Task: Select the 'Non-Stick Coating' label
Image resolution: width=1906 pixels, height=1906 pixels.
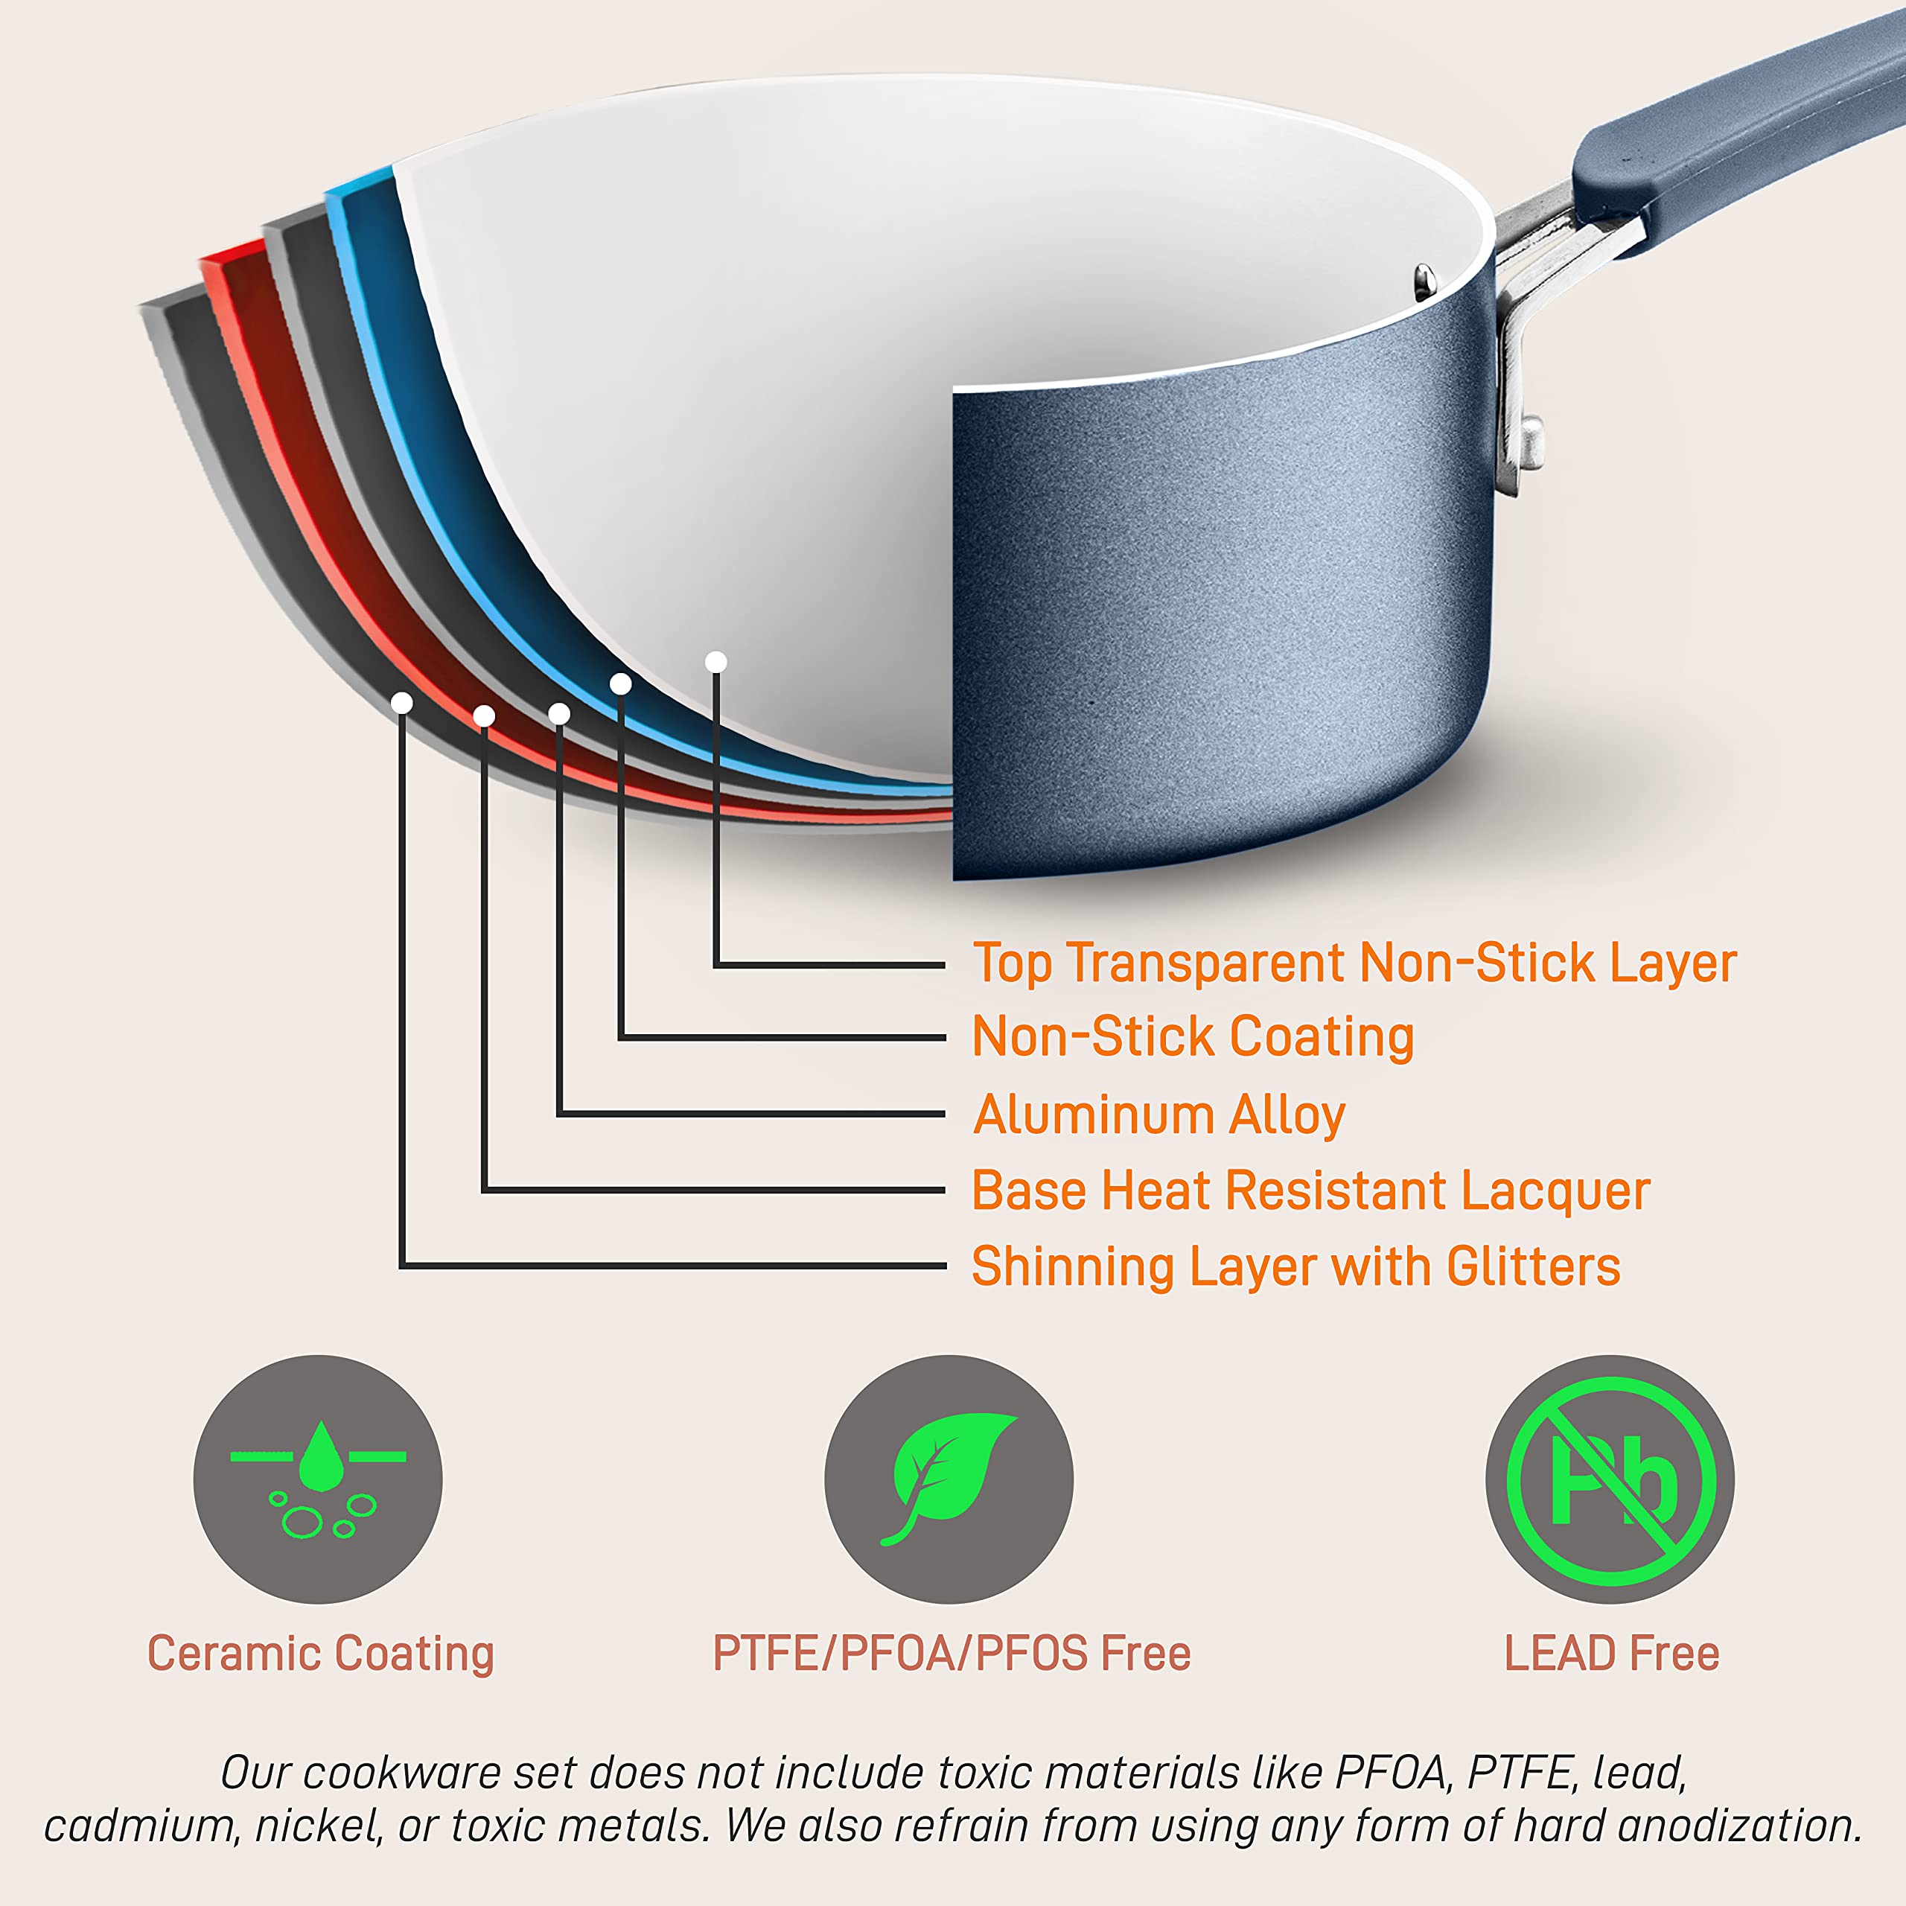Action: pos(1193,1037)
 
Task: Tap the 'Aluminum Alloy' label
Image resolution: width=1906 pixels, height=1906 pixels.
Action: pos(1158,1114)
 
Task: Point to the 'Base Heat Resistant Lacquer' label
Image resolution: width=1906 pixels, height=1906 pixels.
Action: pos(1310,1190)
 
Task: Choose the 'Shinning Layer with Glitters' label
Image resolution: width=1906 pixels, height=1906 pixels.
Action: pos(1295,1266)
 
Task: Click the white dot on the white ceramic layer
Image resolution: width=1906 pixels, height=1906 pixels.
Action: pos(716,662)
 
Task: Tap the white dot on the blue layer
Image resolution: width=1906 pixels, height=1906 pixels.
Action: pos(620,683)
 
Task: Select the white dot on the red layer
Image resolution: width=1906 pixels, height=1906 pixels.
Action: pos(483,715)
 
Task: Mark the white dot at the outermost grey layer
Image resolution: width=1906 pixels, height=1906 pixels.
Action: pos(401,702)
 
